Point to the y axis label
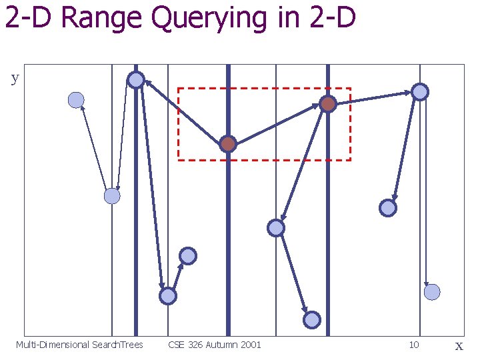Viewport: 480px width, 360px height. tap(15, 79)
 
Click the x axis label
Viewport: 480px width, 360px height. tap(459, 345)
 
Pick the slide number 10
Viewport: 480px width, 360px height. tap(414, 345)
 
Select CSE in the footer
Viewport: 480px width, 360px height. tap(176, 345)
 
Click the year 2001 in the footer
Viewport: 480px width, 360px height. tap(251, 345)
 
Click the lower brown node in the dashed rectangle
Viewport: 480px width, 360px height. tap(228, 144)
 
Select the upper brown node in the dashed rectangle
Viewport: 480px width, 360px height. tap(327, 104)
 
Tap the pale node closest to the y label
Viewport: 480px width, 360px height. tap(77, 100)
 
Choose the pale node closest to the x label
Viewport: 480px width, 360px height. tap(432, 291)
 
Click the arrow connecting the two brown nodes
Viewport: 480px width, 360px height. tap(277, 124)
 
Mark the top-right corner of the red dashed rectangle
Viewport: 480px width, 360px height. tap(350, 89)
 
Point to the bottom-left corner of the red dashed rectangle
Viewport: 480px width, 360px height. tap(178, 160)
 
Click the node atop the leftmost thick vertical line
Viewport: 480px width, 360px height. tap(136, 80)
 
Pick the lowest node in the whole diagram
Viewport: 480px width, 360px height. tap(312, 320)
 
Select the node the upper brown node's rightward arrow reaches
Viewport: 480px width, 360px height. tap(420, 92)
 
